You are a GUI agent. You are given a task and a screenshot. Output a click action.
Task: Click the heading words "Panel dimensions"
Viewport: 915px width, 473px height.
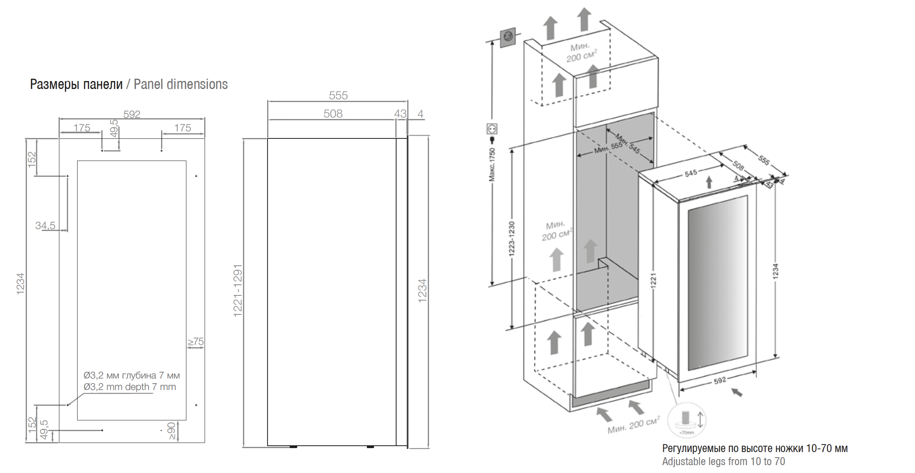180,84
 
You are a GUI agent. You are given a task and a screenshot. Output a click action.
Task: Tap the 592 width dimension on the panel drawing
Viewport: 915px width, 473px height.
132,114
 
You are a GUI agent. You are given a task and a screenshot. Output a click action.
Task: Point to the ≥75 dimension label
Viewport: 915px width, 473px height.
196,342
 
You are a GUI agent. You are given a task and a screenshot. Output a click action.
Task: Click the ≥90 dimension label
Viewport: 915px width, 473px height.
172,431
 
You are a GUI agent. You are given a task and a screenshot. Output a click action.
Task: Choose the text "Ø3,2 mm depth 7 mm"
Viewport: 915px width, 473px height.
130,387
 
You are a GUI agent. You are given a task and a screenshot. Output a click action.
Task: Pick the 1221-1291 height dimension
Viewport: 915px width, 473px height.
238,290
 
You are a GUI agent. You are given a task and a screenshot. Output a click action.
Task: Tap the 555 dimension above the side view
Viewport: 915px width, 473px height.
338,96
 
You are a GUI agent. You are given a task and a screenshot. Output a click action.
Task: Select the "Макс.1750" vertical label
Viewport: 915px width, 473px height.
492,165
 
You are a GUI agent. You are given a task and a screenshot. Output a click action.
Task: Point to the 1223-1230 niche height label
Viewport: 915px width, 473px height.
512,238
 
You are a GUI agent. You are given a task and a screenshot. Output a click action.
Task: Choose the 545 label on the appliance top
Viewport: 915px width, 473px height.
691,173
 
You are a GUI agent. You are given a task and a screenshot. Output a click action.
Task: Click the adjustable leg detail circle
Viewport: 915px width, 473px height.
687,420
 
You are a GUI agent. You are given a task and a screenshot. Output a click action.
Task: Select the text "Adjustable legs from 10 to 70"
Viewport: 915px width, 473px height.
723,461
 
